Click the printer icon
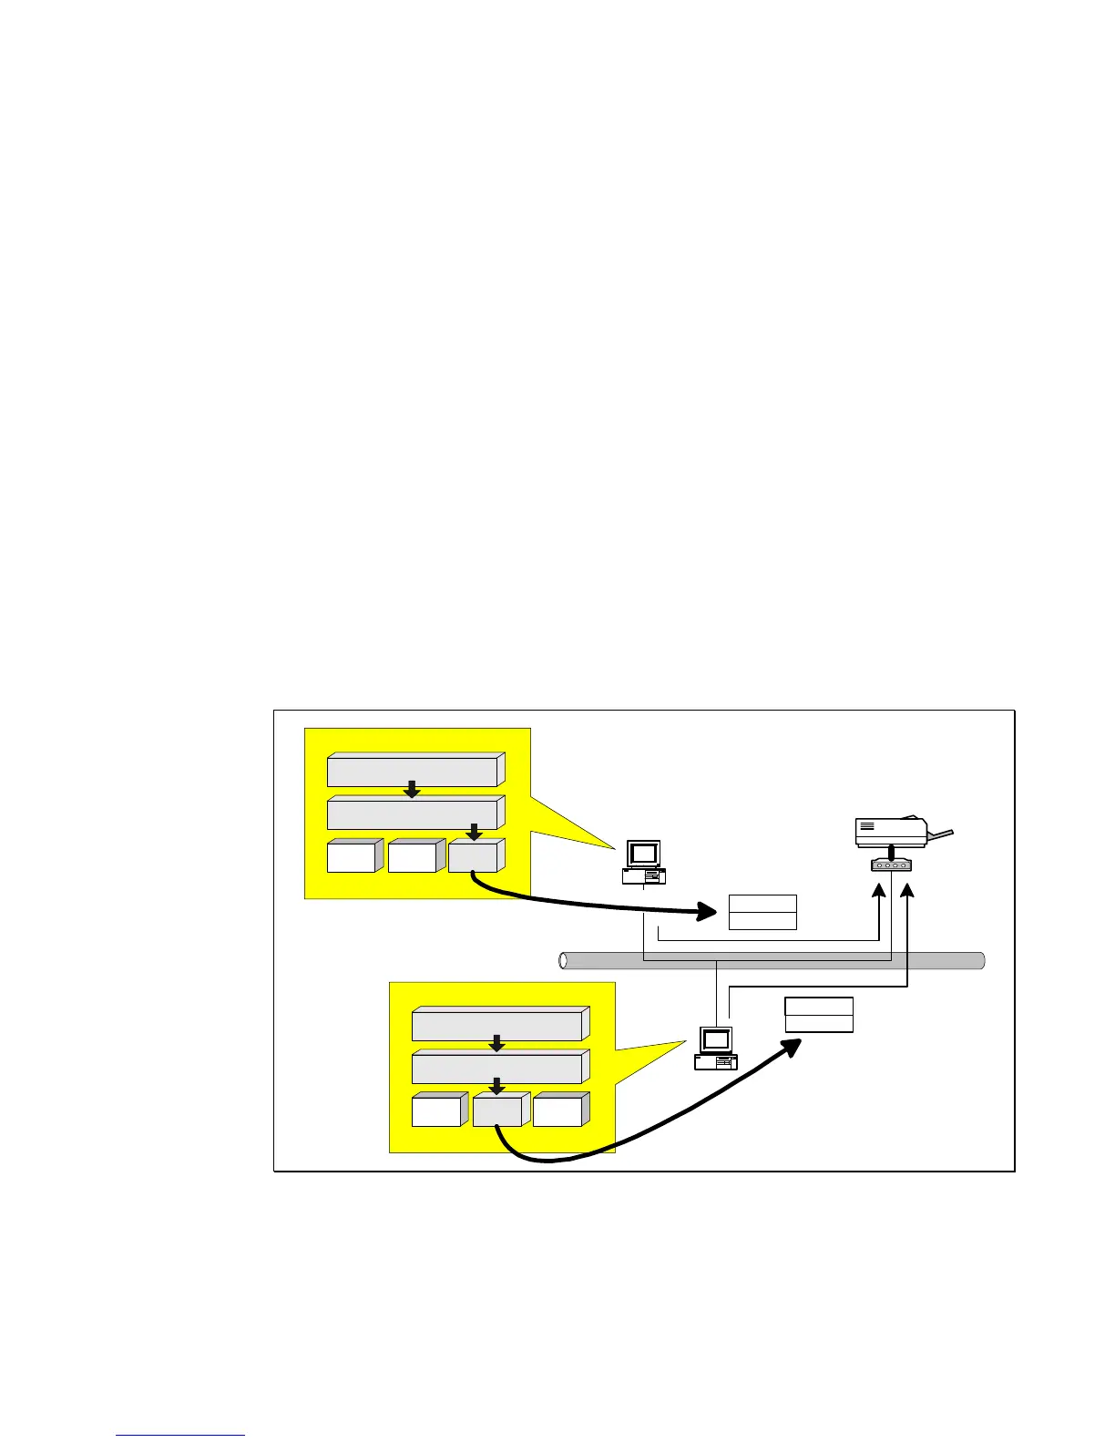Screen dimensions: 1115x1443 point(891,831)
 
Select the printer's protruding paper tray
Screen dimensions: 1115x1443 point(941,834)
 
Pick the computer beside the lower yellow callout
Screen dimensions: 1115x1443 point(716,1048)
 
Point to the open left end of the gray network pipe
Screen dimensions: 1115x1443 point(564,960)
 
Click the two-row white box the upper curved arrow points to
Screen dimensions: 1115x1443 point(762,912)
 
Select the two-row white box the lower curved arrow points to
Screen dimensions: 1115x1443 point(819,1015)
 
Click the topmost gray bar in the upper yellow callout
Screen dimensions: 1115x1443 point(413,771)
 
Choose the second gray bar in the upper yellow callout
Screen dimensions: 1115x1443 point(413,813)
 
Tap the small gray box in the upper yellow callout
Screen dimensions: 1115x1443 point(473,857)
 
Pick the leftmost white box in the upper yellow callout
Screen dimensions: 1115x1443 point(351,857)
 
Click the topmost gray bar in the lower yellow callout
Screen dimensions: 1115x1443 point(497,1025)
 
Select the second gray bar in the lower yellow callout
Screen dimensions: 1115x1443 point(497,1068)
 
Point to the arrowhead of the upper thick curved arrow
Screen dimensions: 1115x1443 point(710,909)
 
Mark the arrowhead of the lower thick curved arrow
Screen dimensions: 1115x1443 point(790,1047)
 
